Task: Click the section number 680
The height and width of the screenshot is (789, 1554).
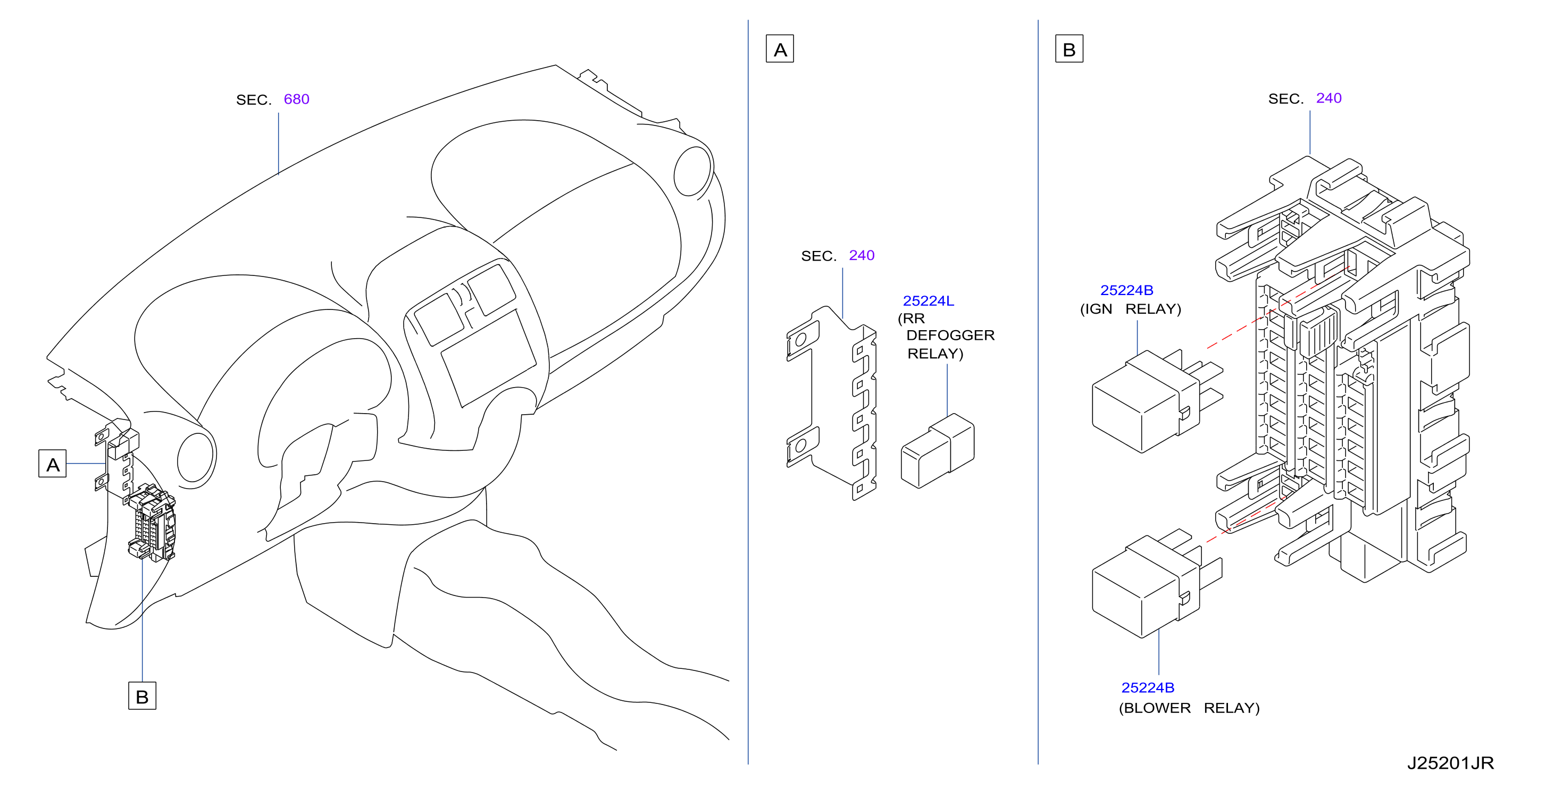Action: click(296, 99)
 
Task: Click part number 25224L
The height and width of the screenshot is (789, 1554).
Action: click(928, 300)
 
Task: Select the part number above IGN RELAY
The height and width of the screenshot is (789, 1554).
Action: click(1126, 290)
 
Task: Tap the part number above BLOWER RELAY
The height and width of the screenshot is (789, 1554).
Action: click(1147, 687)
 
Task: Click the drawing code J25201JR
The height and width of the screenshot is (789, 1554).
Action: click(1450, 763)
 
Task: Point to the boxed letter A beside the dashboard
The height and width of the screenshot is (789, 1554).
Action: click(53, 463)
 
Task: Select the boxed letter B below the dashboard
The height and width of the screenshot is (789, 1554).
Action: click(143, 695)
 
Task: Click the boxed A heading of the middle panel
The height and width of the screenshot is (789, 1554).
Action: click(780, 49)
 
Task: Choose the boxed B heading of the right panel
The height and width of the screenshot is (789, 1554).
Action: click(1069, 49)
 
